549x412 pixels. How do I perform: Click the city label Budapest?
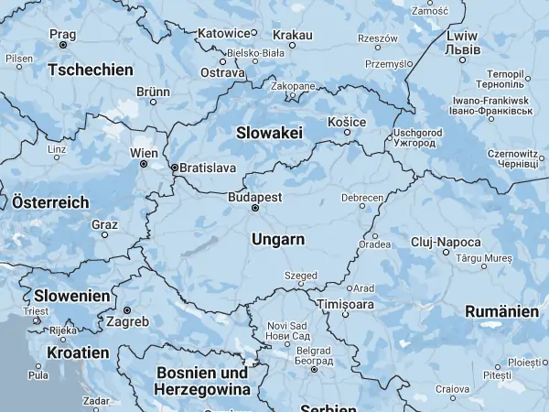tap(255, 196)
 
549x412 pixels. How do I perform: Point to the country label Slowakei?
tap(269, 133)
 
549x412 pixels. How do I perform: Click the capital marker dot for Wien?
tap(143, 164)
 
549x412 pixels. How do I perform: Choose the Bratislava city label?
tap(208, 168)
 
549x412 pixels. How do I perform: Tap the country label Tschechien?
tap(91, 70)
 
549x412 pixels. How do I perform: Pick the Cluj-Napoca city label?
tap(446, 242)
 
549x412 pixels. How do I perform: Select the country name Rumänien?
tap(501, 311)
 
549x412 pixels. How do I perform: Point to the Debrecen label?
tap(361, 197)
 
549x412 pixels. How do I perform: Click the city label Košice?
tap(347, 122)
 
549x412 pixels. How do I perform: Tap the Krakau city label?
tap(293, 33)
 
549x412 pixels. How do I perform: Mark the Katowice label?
tap(224, 34)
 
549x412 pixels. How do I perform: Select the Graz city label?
tap(104, 223)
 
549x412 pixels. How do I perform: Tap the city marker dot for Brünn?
tap(153, 103)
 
